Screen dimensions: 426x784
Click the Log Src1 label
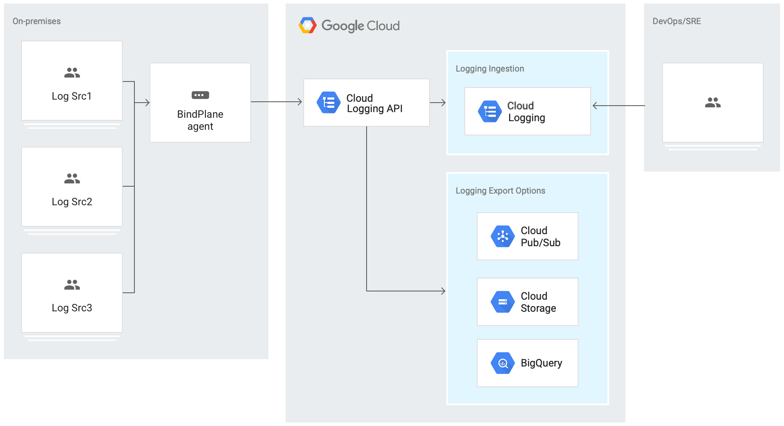click(x=72, y=96)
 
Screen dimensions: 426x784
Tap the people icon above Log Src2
click(x=72, y=179)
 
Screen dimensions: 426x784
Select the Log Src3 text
click(x=72, y=308)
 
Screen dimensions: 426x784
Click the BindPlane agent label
click(x=200, y=120)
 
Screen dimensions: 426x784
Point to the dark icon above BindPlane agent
click(x=200, y=95)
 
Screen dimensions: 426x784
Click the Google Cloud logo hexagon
click(x=308, y=25)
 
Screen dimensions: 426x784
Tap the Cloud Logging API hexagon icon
click(x=329, y=103)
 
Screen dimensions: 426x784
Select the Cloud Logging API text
click(x=374, y=103)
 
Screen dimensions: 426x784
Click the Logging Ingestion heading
click(x=490, y=69)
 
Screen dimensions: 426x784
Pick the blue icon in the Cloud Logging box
click(x=490, y=111)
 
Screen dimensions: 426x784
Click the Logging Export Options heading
click(x=500, y=191)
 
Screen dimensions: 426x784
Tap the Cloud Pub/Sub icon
click(x=503, y=236)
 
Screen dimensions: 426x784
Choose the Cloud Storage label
click(x=538, y=302)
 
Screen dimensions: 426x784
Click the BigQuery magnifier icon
click(x=503, y=363)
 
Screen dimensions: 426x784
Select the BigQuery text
click(x=541, y=363)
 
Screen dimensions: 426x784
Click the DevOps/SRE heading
click(x=676, y=21)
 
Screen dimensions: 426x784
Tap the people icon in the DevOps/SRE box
click(x=712, y=103)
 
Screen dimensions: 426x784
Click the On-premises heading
click(x=37, y=21)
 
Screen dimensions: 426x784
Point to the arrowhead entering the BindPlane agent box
click(x=147, y=103)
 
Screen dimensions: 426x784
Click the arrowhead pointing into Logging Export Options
click(x=443, y=291)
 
